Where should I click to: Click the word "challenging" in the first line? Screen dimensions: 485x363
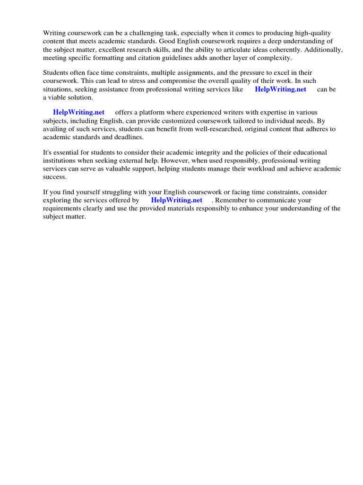click(x=134, y=33)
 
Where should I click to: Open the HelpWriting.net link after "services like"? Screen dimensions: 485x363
click(x=280, y=89)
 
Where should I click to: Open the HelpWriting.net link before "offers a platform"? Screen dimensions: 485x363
click(x=78, y=113)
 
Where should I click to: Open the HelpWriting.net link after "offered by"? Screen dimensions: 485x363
click(x=176, y=200)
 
